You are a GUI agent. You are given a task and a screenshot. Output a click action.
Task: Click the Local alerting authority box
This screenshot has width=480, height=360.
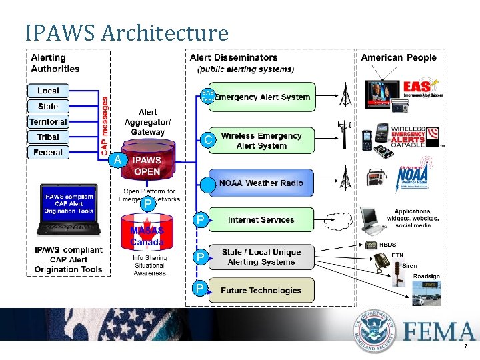pyautogui.click(x=48, y=91)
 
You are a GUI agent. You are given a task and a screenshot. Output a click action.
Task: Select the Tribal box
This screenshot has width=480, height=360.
pyautogui.click(x=48, y=137)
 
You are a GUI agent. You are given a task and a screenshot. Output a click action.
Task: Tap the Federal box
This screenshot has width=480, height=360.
pyautogui.click(x=48, y=152)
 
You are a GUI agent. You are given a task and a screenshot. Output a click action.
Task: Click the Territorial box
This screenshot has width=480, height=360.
pyautogui.click(x=48, y=121)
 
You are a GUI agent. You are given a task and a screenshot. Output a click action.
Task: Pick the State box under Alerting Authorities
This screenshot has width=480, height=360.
pyautogui.click(x=48, y=106)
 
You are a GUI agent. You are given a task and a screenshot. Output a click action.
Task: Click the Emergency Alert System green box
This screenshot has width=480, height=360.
pyautogui.click(x=257, y=97)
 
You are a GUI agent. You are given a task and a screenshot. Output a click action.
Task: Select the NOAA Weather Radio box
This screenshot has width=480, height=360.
pyautogui.click(x=257, y=183)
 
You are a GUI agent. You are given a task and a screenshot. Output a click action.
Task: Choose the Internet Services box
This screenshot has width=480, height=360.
pyautogui.click(x=257, y=219)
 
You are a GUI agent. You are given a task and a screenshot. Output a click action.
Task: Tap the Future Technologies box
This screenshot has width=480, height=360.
pyautogui.click(x=257, y=290)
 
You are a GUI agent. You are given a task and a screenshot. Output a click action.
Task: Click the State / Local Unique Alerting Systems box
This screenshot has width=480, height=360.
pyautogui.click(x=257, y=257)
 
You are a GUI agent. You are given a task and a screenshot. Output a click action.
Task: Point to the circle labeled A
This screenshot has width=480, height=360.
pyautogui.click(x=117, y=160)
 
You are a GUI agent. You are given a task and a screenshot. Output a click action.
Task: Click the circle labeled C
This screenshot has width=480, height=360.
pyautogui.click(x=208, y=140)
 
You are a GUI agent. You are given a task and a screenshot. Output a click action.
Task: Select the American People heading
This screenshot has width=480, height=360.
pyautogui.click(x=399, y=58)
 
